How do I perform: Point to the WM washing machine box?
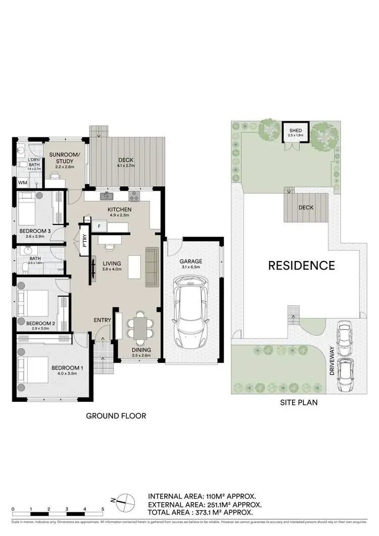pos(23,182)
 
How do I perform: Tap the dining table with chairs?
pos(138,326)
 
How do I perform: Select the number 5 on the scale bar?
pos(103,509)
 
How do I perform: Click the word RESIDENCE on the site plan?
pos(301,265)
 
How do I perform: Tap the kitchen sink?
pos(107,195)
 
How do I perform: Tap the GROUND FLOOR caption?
pos(116,416)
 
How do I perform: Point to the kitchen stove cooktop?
pos(135,195)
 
